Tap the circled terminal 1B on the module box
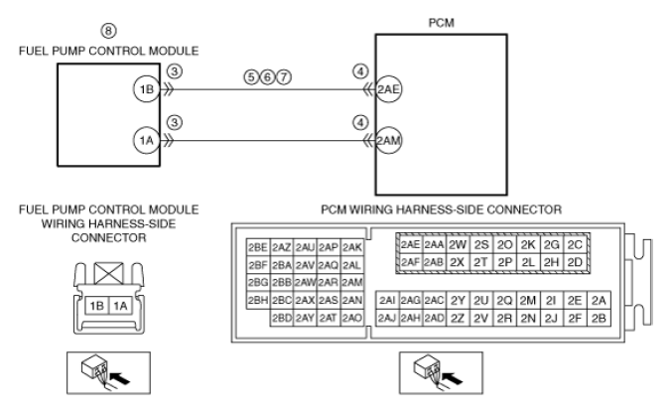[x=145, y=88]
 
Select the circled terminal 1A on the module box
[x=145, y=141]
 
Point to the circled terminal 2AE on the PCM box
[x=388, y=88]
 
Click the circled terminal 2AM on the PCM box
[x=388, y=141]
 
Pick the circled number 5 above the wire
[x=252, y=75]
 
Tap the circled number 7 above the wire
[x=284, y=75]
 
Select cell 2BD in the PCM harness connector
[x=282, y=318]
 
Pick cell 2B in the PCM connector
[x=599, y=318]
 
